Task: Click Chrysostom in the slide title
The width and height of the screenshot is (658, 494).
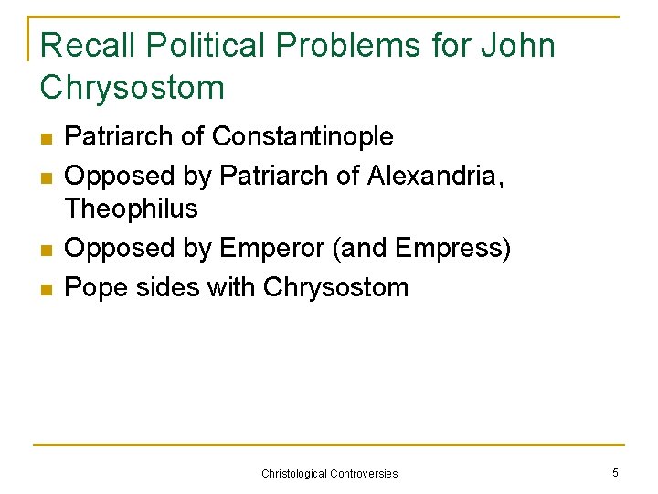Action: [x=133, y=88]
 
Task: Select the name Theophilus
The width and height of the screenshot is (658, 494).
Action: [x=132, y=209]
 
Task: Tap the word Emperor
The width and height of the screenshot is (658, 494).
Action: [x=271, y=248]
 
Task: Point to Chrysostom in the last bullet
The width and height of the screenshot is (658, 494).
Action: [x=335, y=287]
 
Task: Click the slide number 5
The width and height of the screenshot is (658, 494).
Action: [x=615, y=472]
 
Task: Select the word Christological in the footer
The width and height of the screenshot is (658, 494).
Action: [x=294, y=473]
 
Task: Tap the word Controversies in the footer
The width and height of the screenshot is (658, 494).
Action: [x=365, y=473]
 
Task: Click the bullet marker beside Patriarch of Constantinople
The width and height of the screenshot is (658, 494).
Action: [x=47, y=139]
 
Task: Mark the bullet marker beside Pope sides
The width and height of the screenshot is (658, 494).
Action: [x=47, y=289]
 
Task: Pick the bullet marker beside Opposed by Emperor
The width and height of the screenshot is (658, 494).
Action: [x=47, y=250]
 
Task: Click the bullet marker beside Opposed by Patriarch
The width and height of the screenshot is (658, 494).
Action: [x=47, y=177]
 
